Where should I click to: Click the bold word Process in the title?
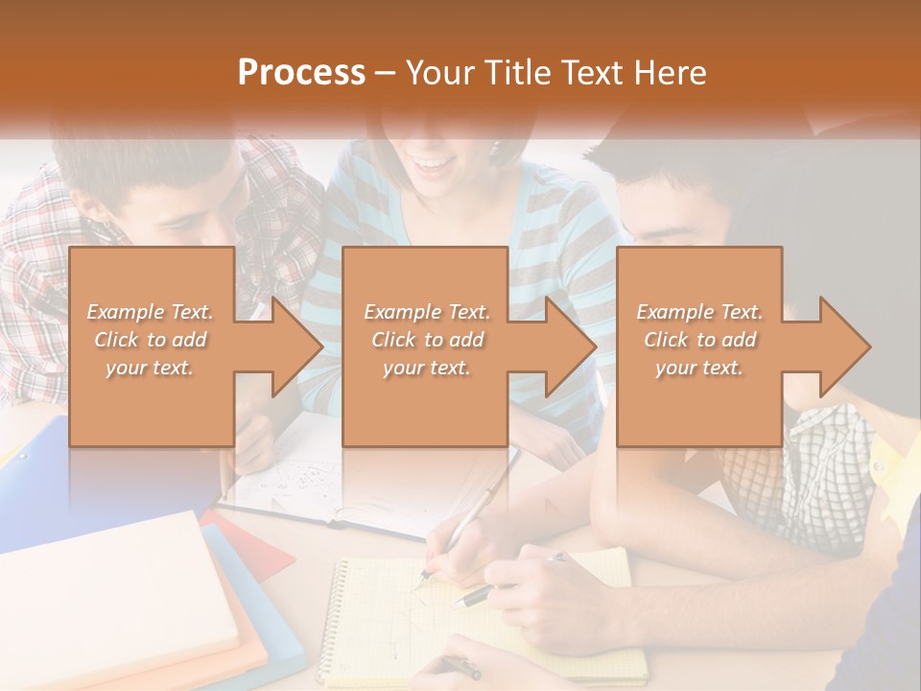(x=301, y=73)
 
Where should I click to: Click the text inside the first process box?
(x=150, y=340)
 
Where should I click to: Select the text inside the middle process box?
(x=426, y=340)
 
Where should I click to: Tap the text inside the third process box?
(x=699, y=340)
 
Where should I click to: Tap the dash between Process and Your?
(x=386, y=73)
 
